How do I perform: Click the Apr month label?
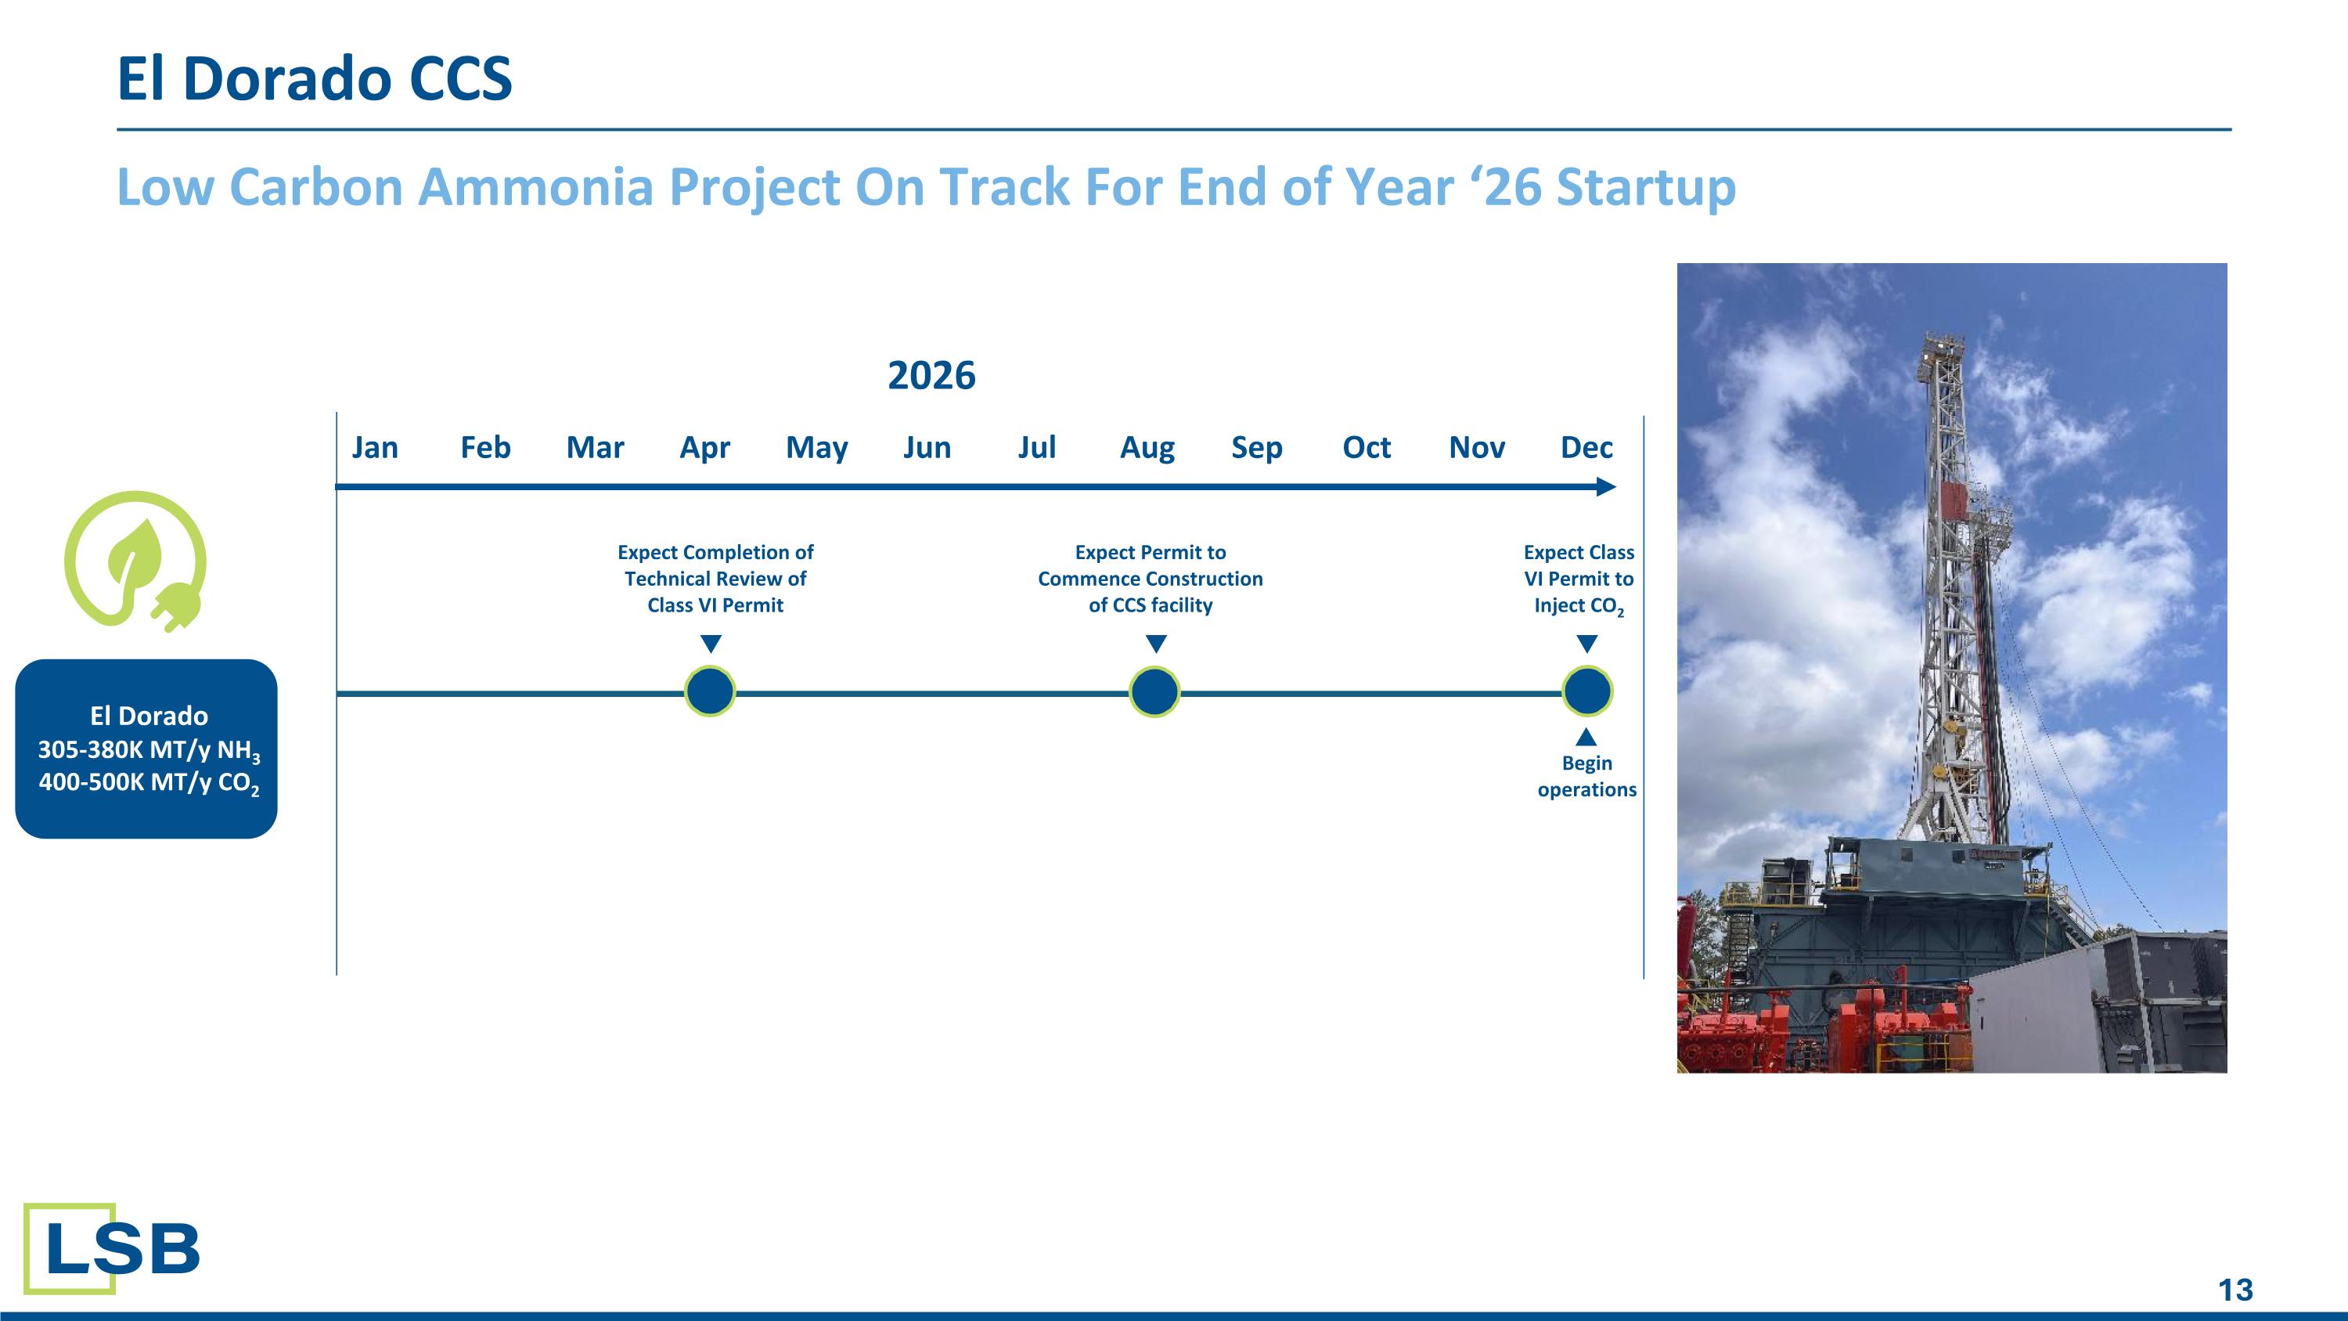[704, 448]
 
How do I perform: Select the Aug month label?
[1147, 448]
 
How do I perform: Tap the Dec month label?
[1586, 448]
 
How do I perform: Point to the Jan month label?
[375, 448]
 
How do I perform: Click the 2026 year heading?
[931, 376]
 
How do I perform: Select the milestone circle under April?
[710, 692]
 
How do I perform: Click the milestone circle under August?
[1154, 692]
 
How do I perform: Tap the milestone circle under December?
[1587, 692]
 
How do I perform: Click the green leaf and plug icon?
[137, 561]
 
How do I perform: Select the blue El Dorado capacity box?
[146, 749]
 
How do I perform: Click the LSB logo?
[111, 1248]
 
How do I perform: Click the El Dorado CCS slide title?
[315, 78]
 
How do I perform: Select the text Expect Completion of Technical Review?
[715, 565]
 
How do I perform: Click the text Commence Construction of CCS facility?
[1151, 592]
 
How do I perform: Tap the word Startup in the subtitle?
[1645, 187]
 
